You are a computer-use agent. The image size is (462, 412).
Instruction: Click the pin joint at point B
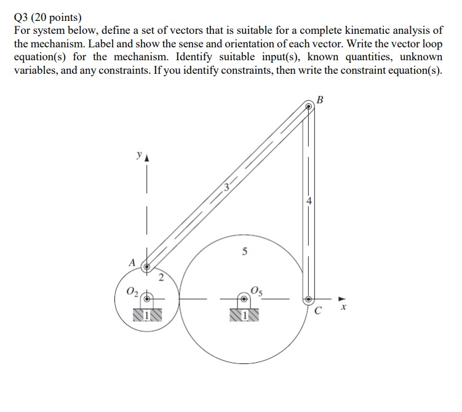(x=309, y=106)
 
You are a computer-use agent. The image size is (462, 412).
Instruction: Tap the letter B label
(x=319, y=100)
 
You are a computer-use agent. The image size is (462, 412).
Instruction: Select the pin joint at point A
(x=147, y=267)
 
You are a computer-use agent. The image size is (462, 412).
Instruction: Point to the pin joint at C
(x=309, y=299)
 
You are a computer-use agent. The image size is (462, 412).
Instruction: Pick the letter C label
(x=317, y=311)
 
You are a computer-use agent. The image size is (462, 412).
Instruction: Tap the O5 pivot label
(x=257, y=291)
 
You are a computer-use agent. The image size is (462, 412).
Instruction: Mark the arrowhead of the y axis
(x=146, y=158)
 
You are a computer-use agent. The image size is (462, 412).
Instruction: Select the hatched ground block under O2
(x=146, y=315)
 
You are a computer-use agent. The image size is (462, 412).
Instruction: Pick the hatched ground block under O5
(x=244, y=315)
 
